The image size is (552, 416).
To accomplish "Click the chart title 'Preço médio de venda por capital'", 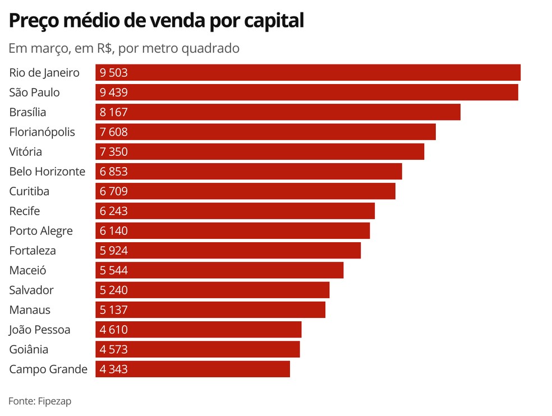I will pyautogui.click(x=156, y=21).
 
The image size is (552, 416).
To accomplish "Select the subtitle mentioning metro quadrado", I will pyautogui.click(x=124, y=48).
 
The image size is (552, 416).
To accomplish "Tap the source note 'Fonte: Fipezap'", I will pyautogui.click(x=40, y=401).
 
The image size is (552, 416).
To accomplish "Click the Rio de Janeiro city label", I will pyautogui.click(x=44, y=73).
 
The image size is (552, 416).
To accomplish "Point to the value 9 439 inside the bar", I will pyautogui.click(x=114, y=93).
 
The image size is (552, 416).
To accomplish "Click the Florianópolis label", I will pyautogui.click(x=42, y=132).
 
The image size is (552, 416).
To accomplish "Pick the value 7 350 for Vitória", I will pyautogui.click(x=114, y=152).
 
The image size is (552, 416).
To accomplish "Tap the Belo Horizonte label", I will pyautogui.click(x=47, y=172).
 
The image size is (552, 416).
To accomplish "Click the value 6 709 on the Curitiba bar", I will pyautogui.click(x=114, y=191).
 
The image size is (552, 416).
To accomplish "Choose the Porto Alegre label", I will pyautogui.click(x=41, y=231).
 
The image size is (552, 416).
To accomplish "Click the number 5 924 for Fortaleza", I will pyautogui.click(x=114, y=251).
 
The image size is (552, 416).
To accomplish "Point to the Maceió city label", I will pyautogui.click(x=27, y=270).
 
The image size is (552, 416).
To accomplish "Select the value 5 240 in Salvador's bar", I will pyautogui.click(x=114, y=290).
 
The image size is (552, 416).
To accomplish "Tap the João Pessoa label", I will pyautogui.click(x=40, y=330).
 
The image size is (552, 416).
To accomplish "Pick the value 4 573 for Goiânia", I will pyautogui.click(x=114, y=349).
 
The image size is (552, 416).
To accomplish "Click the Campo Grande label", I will pyautogui.click(x=48, y=369).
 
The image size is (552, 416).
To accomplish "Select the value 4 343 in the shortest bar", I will pyautogui.click(x=114, y=369).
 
